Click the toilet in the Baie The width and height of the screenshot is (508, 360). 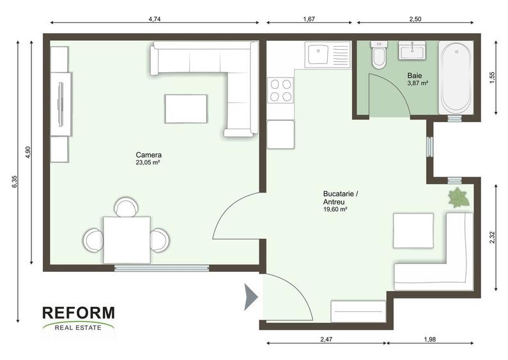pyautogui.click(x=379, y=55)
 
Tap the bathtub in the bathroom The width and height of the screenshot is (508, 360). pyautogui.click(x=456, y=77)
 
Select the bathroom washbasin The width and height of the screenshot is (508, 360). pyautogui.click(x=412, y=51)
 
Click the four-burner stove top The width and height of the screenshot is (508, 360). pyautogui.click(x=281, y=90)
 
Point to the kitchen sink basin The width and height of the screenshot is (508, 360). pyautogui.click(x=318, y=54)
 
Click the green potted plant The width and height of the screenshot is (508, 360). pyautogui.click(x=458, y=197)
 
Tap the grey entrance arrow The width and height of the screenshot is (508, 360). pyautogui.click(x=250, y=297)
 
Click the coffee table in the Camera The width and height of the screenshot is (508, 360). pyautogui.click(x=186, y=109)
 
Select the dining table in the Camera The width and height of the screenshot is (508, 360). pyautogui.click(x=127, y=240)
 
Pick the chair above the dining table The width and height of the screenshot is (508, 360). pyautogui.click(x=127, y=207)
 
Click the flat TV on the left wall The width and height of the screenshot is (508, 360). pyautogui.click(x=61, y=104)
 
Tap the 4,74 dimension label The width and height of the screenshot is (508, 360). pyautogui.click(x=155, y=19)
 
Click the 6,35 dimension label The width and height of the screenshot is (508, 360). pyautogui.click(x=14, y=182)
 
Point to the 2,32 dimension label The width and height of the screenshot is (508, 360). pyautogui.click(x=492, y=237)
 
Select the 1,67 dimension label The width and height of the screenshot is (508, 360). pyautogui.click(x=309, y=19)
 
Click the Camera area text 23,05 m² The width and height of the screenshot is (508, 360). pyautogui.click(x=148, y=162)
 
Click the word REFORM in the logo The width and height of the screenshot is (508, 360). pyautogui.click(x=79, y=313)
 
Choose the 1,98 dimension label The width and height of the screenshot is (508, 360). pyautogui.click(x=429, y=340)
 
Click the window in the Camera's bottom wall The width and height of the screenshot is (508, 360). pyautogui.click(x=162, y=268)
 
